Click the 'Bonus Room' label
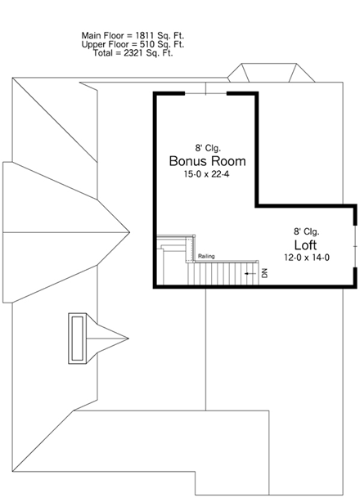pyautogui.click(x=207, y=161)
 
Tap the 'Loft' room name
pyautogui.click(x=306, y=245)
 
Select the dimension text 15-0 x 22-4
pyautogui.click(x=207, y=174)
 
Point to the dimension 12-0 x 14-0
pyautogui.click(x=306, y=258)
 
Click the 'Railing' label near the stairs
pyautogui.click(x=206, y=257)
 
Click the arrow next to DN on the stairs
pyautogui.click(x=251, y=273)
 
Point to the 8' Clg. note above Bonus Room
pyautogui.click(x=207, y=147)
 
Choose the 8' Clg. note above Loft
pyautogui.click(x=307, y=231)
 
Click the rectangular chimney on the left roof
pyautogui.click(x=79, y=338)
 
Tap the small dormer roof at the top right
pyautogui.click(x=269, y=74)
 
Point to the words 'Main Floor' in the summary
pyautogui.click(x=101, y=35)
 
